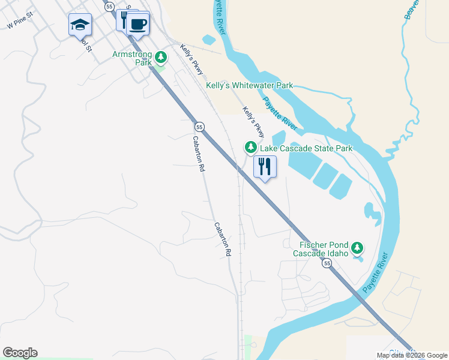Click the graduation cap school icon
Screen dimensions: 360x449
pyautogui.click(x=80, y=25)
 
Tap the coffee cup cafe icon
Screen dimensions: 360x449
pyautogui.click(x=138, y=23)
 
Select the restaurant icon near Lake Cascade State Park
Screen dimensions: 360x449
pyautogui.click(x=265, y=166)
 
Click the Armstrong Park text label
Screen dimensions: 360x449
pyautogui.click(x=132, y=58)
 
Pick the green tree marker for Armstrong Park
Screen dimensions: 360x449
pyautogui.click(x=160, y=58)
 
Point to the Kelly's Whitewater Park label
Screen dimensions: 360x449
pyautogui.click(x=249, y=86)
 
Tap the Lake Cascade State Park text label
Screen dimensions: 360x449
pyautogui.click(x=306, y=148)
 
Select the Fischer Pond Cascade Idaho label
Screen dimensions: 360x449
pyautogui.click(x=321, y=249)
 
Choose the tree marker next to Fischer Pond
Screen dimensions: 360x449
pyautogui.click(x=357, y=247)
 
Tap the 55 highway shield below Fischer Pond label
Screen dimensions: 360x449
pyautogui.click(x=327, y=264)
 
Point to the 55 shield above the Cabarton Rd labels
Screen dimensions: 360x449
pyautogui.click(x=199, y=127)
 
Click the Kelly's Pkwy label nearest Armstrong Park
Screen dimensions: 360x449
pyautogui.click(x=192, y=63)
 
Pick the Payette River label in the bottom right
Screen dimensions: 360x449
pyautogui.click(x=376, y=273)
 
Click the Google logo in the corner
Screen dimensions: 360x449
pyautogui.click(x=20, y=353)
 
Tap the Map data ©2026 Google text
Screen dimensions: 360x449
pyautogui.click(x=412, y=355)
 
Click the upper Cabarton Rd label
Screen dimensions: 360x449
pyautogui.click(x=198, y=154)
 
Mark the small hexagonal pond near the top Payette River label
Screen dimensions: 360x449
pyautogui.click(x=209, y=40)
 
